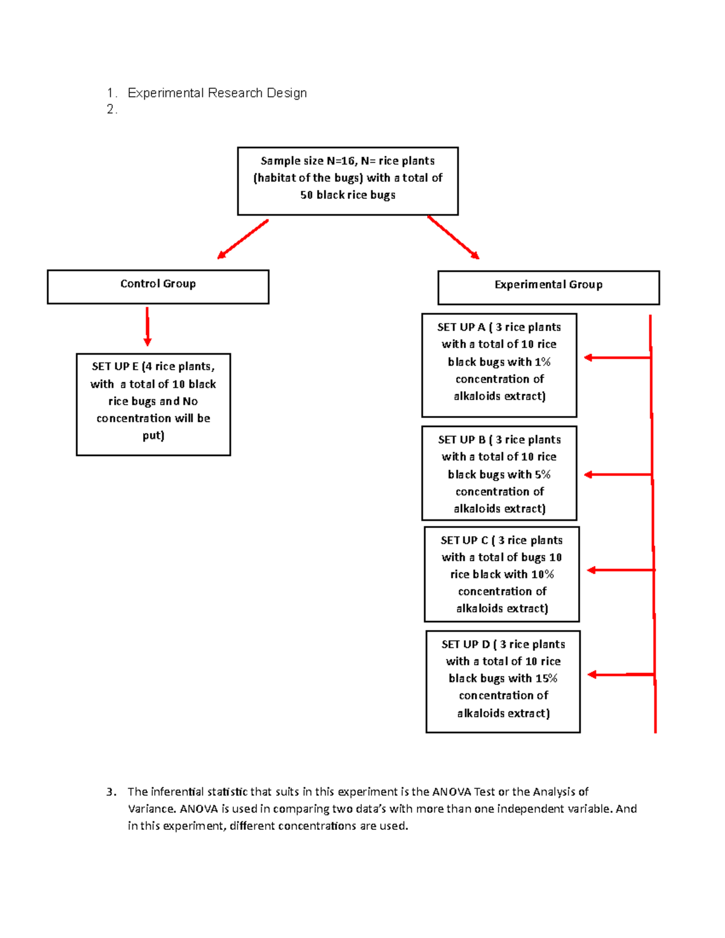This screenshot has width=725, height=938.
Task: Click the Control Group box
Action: [158, 286]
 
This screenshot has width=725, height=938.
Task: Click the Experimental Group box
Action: [548, 288]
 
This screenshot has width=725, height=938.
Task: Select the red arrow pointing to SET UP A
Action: [616, 358]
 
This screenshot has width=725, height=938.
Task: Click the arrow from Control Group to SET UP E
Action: [147, 326]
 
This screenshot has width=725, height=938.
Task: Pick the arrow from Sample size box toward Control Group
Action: [243, 239]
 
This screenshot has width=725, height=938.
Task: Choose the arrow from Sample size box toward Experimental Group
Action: [453, 237]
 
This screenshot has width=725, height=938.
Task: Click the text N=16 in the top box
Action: [341, 161]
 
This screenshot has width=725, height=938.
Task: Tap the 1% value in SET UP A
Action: [543, 362]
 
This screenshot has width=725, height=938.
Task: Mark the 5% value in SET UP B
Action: [543, 475]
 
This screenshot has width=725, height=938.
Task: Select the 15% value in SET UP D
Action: [546, 678]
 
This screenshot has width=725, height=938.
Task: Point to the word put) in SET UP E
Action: [153, 435]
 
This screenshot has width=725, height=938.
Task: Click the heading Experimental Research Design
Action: [217, 93]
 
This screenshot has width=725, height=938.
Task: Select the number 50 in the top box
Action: [307, 195]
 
